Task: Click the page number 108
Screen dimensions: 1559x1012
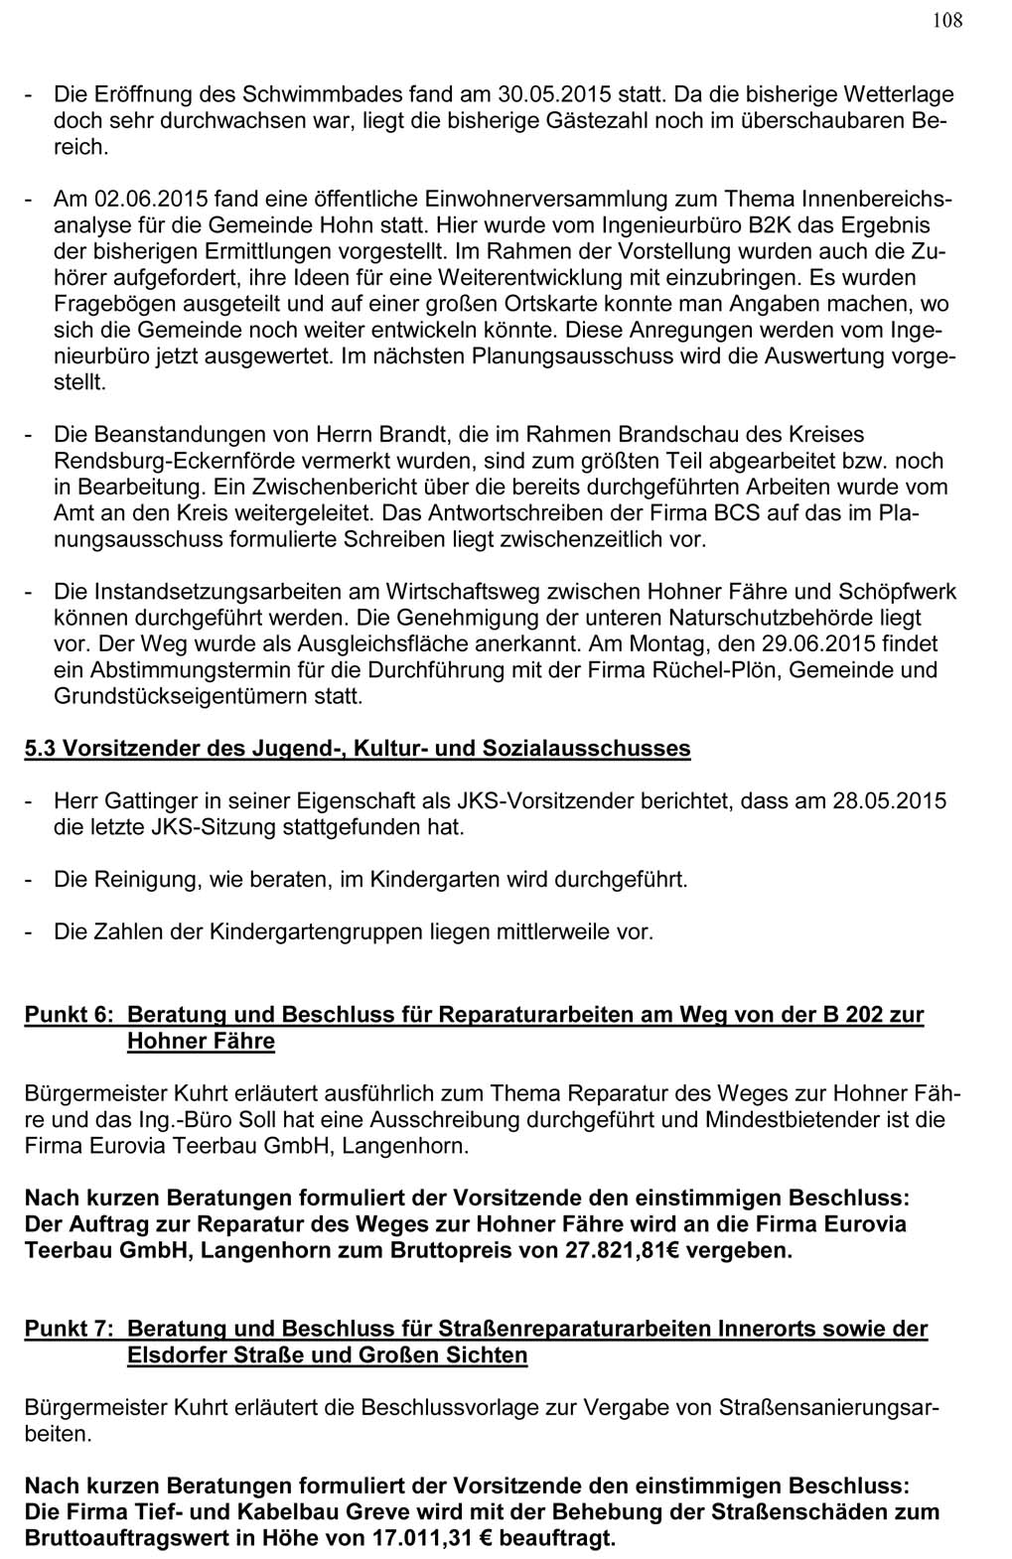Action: point(947,21)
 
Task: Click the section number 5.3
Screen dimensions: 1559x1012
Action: point(41,749)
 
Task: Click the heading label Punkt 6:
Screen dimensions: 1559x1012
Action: point(70,1015)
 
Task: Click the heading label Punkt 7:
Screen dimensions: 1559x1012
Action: point(70,1329)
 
